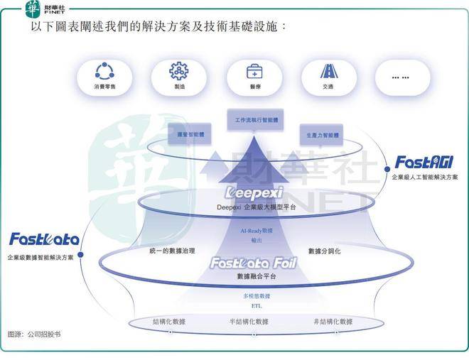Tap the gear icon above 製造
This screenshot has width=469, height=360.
coord(178,71)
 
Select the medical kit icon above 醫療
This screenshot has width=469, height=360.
coord(254,71)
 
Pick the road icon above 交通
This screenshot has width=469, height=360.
coord(328,71)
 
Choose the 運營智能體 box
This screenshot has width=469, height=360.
coord(190,133)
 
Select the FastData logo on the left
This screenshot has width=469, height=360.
coord(43,239)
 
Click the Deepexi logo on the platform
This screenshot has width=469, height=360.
coord(254,192)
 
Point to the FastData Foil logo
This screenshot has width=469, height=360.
coord(253,263)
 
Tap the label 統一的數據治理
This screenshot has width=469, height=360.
coord(172,251)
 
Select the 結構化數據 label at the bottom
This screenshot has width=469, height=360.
coord(169,322)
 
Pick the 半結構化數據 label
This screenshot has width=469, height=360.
coord(248,322)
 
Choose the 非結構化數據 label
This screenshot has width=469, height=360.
coord(332,322)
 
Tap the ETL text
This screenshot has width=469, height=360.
coord(257,305)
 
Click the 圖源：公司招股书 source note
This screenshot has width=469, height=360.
coord(34,334)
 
